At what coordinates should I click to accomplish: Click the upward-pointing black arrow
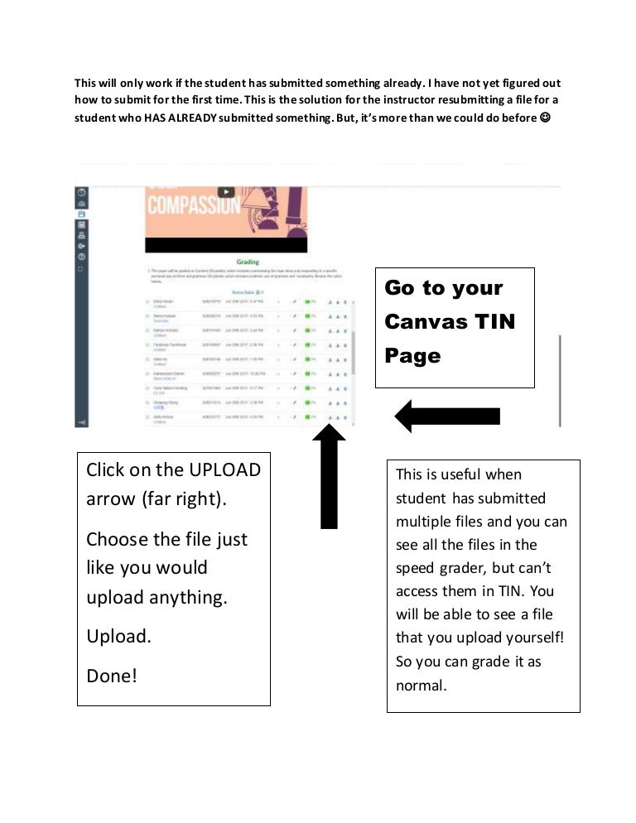click(x=329, y=476)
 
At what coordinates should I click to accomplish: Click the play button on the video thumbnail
click(x=226, y=191)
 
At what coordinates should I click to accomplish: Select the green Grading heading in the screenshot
click(x=247, y=262)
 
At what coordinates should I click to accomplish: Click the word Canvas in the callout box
click(x=426, y=321)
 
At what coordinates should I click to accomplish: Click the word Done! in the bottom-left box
click(x=112, y=676)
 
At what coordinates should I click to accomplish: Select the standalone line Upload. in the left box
click(x=118, y=637)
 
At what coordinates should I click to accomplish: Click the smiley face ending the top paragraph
click(x=544, y=118)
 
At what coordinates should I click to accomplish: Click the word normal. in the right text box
click(x=422, y=685)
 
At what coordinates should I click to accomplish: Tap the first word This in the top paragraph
click(x=86, y=83)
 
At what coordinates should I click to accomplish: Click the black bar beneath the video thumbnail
click(x=226, y=245)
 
